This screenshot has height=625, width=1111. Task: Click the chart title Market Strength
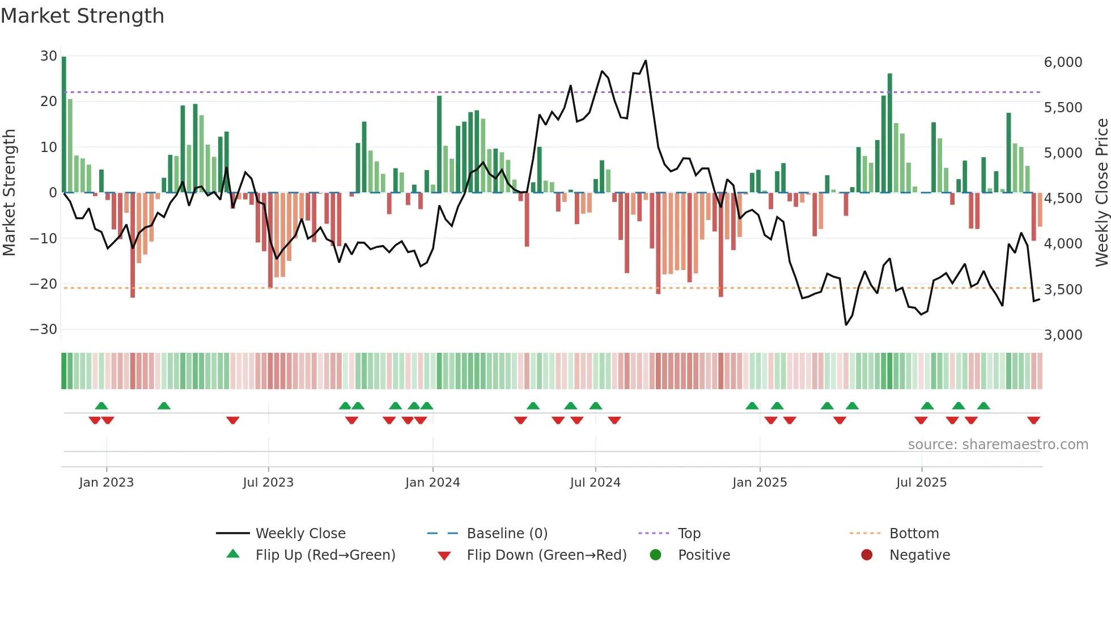(82, 16)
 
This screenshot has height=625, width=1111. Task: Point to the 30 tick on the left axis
(49, 56)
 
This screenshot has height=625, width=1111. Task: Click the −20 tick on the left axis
(44, 284)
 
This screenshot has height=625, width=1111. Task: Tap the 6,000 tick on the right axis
(1063, 62)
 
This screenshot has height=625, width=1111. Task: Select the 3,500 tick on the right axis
(1063, 290)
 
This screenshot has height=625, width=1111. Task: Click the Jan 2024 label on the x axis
(432, 483)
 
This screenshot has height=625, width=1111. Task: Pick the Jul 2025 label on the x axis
(921, 483)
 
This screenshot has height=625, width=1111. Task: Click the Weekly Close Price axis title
(1101, 193)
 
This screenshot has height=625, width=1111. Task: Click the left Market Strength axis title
(10, 193)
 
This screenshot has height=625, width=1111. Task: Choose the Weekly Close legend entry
(300, 534)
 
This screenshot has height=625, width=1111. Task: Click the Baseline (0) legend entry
(507, 534)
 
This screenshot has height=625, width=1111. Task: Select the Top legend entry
(689, 534)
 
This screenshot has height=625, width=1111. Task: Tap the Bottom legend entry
(914, 534)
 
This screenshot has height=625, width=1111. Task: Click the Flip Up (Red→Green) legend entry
(325, 555)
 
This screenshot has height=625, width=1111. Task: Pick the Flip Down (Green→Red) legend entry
(546, 555)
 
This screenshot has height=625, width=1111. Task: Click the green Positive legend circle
(656, 555)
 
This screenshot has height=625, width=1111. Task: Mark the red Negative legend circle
(867, 555)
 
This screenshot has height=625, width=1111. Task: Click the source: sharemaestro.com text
(998, 445)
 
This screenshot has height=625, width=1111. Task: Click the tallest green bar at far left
(64, 125)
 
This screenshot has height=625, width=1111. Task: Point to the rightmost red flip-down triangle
(1033, 420)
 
